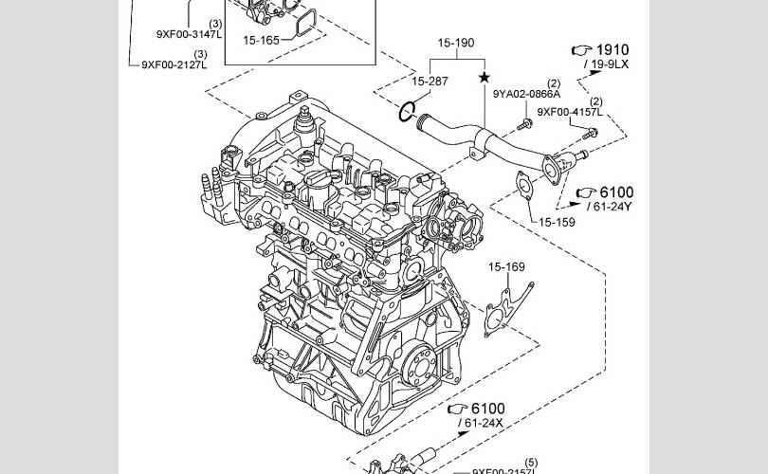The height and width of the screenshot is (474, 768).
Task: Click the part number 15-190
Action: (455, 44)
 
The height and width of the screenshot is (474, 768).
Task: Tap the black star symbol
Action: (485, 77)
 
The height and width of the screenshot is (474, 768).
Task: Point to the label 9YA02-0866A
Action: (526, 94)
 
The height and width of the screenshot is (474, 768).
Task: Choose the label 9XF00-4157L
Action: (570, 112)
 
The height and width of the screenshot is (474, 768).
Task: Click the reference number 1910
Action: (612, 49)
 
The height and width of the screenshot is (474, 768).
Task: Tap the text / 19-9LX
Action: (607, 64)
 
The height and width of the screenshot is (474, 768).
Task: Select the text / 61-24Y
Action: (609, 206)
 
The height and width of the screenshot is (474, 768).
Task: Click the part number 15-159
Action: (558, 223)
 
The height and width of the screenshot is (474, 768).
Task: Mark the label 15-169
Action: (506, 267)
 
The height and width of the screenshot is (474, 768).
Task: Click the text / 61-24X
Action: (482, 422)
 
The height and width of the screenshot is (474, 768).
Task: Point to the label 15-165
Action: (261, 41)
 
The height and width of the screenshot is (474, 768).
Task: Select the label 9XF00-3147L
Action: (189, 34)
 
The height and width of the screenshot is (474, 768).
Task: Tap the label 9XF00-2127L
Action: (174, 64)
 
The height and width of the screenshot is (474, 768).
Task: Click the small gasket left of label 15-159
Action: (521, 184)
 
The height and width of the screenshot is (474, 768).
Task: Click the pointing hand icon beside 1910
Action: (579, 49)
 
